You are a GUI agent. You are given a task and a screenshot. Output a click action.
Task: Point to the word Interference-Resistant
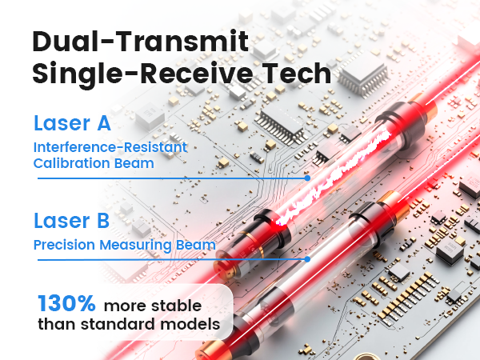coord(110,147)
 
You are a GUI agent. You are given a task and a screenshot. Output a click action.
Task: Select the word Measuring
coord(142,245)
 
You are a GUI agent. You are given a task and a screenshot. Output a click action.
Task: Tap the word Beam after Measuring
coord(197,245)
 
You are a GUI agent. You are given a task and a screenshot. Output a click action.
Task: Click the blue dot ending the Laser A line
coord(308,178)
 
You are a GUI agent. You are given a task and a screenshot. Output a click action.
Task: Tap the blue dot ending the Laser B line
coord(307,259)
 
